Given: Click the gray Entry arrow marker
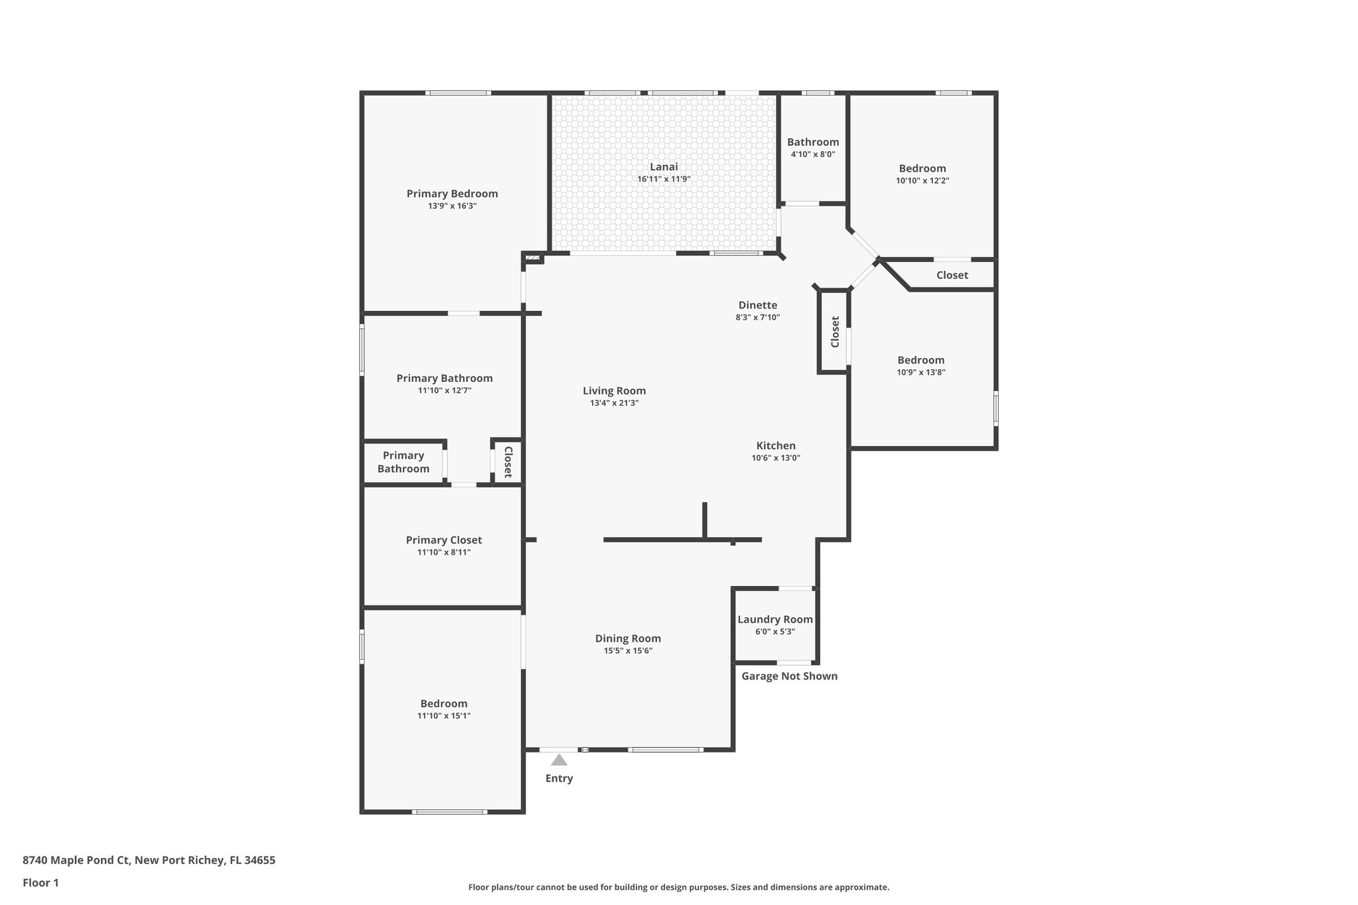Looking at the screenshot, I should (559, 760).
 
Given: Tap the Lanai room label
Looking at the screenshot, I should (664, 167).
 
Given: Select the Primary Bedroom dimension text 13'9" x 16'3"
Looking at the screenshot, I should (452, 206).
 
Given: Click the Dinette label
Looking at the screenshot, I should (758, 305).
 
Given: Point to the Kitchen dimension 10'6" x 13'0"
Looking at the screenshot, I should (776, 457).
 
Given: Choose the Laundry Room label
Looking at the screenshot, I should (775, 619).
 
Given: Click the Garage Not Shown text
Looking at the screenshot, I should (789, 676).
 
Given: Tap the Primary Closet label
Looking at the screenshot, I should (444, 540).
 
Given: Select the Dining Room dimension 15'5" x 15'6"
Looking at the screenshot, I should (628, 650).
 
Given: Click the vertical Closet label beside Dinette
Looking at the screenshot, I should (835, 332).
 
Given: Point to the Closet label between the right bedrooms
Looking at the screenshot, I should (952, 275).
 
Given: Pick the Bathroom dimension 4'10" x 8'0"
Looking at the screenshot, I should (813, 154).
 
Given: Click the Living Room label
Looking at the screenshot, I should (614, 391).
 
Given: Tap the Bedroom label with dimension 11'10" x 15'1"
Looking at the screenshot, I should (444, 703).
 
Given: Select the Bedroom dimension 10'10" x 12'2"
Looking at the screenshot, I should (922, 180).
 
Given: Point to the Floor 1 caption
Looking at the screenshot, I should (40, 882).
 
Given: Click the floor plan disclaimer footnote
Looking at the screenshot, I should (678, 887).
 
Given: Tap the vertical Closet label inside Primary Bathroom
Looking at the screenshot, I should (508, 461).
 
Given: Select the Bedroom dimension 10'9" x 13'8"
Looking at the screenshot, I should (921, 372).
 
